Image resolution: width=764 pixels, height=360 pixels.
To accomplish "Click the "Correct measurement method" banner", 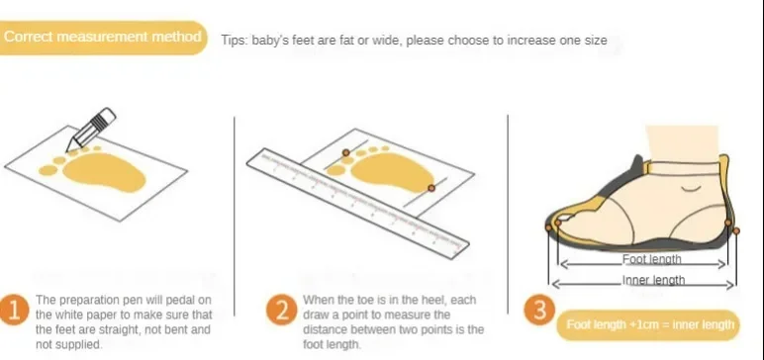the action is coord(102,38).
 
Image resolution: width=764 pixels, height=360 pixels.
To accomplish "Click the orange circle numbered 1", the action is coord(12,310).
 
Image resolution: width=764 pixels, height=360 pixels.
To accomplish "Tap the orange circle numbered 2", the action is coord(282,310).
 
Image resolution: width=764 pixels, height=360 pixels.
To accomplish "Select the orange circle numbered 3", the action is coord(539,310).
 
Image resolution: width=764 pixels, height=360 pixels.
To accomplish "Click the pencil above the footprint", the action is coord(91,129).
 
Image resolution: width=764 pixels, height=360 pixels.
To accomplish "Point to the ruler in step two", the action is coord(357,203).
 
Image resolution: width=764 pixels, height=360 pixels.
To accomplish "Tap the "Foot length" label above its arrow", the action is coord(651,259).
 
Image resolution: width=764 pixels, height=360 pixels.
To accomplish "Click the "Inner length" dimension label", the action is coord(653,280).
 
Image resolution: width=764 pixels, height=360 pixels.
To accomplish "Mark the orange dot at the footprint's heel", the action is coord(431,188).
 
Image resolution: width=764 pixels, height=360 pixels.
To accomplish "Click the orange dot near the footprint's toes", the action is coord(346,153).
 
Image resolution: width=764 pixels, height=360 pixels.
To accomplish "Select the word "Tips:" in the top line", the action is coord(235,40).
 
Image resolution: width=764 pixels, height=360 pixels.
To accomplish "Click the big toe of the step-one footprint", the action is coord(48,170).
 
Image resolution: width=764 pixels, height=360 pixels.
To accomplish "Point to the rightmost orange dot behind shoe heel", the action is coord(736,230).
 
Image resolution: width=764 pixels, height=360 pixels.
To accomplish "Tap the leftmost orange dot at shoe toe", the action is coord(548,227).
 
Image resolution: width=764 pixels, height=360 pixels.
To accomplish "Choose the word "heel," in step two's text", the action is coord(425,300).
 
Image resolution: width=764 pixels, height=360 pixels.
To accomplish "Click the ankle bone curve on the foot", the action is coord(691,189).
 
